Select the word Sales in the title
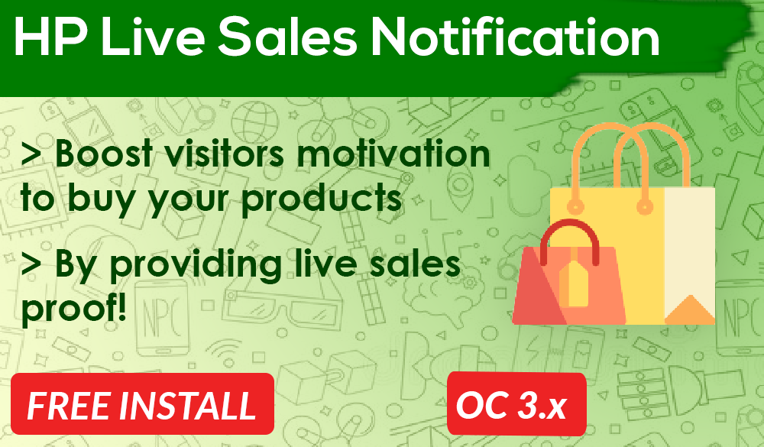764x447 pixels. [287, 37]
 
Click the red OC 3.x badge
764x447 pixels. [516, 403]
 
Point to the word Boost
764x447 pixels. [104, 153]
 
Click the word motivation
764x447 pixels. [393, 153]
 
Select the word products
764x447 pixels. [322, 199]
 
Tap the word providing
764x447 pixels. [196, 265]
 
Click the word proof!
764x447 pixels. [73, 308]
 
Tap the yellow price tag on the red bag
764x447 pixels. [574, 284]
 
